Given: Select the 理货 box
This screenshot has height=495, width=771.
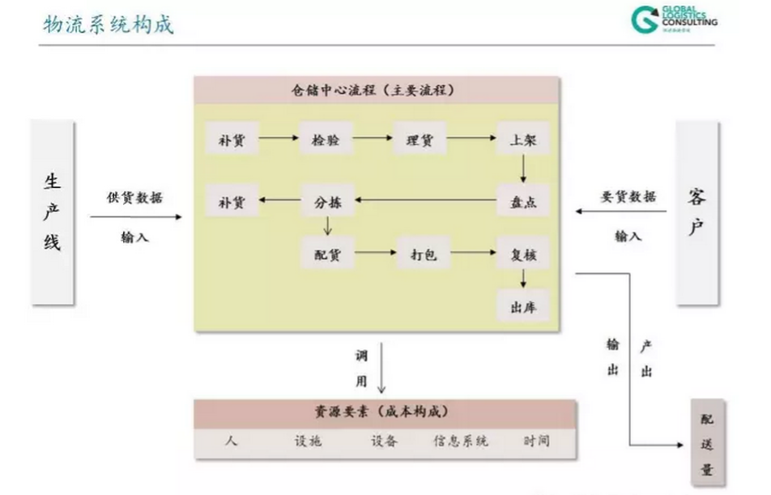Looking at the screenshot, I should point(420,140).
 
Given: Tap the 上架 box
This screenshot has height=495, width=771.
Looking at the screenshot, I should point(522,140).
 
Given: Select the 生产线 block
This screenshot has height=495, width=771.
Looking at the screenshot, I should point(52,213).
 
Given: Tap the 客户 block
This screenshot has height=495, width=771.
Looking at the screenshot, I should point(697,211).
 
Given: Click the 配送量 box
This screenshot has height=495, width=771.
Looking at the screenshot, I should point(707,443).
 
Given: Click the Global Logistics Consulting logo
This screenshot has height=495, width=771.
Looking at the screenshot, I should point(672,19).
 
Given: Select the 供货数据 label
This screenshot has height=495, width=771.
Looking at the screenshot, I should point(134,197).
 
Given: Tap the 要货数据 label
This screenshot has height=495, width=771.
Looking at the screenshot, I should point(628,196).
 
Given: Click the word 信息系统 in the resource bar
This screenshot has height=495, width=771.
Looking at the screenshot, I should point(461,442).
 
